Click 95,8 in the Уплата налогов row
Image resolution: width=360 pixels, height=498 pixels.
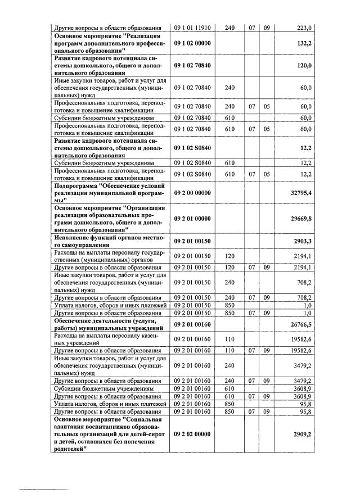click(x=304, y=404)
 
